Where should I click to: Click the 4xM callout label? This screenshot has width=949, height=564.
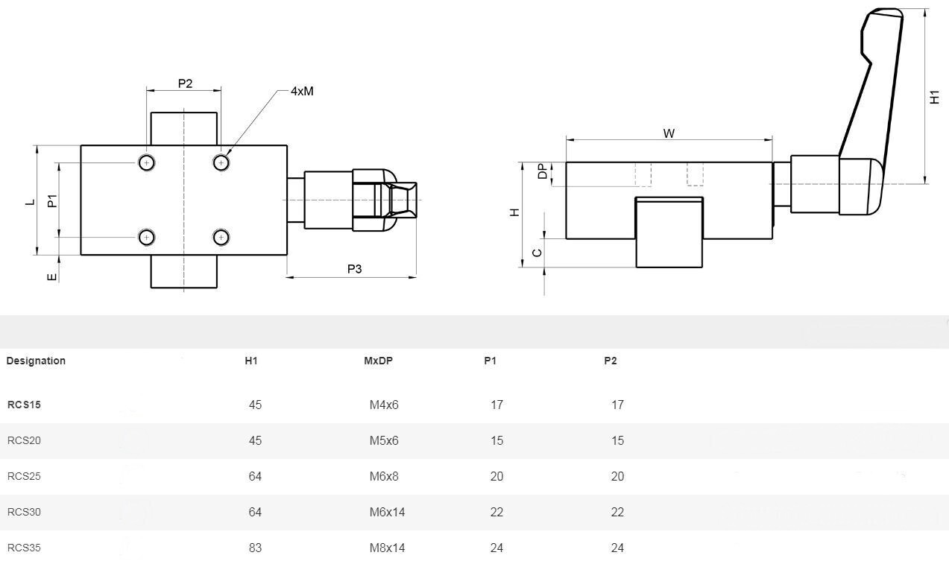302,91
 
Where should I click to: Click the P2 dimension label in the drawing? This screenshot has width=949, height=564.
185,83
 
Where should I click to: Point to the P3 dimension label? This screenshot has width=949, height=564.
354,269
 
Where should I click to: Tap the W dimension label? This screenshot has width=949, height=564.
669,133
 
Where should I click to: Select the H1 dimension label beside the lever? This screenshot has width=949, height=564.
936,97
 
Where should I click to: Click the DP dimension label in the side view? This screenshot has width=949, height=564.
542,172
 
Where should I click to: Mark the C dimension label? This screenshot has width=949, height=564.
537,253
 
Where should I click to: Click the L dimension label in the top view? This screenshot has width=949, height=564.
31,201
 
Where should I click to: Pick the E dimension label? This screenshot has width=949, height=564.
51,277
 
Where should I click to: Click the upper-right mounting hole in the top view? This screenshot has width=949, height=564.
221,162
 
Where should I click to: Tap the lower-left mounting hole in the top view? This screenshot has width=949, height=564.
147,238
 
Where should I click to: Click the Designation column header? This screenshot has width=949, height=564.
36,361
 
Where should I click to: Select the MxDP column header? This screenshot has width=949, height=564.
378,361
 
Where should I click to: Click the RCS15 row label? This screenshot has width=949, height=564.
24,405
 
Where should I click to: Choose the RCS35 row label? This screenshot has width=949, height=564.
24,548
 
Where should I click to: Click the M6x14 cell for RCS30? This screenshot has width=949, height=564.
387,512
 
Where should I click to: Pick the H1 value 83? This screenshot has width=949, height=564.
255,548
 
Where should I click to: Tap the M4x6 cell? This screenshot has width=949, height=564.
384,405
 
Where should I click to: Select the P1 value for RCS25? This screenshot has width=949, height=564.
496,476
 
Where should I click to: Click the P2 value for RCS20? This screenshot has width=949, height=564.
617,440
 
